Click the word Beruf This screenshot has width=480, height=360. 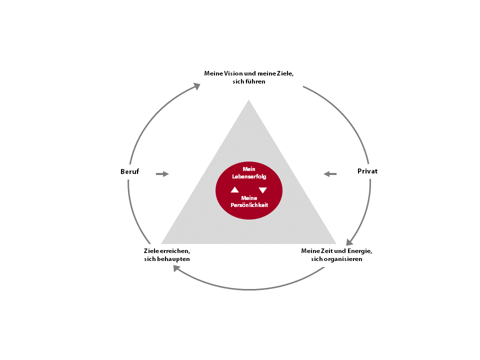(130, 171)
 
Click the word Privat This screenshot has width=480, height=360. (367, 171)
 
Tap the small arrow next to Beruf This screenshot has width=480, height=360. (162, 174)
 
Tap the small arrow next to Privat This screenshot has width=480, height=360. (330, 174)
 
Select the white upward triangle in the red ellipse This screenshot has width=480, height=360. (235, 190)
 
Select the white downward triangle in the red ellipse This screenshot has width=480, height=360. (262, 190)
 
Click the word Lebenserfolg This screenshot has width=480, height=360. (249, 176)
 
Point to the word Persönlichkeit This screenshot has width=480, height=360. (249, 205)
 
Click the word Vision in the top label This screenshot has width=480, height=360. (233, 73)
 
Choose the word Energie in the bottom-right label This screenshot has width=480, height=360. (359, 251)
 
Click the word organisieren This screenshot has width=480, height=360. (343, 259)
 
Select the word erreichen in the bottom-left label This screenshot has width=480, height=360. (175, 251)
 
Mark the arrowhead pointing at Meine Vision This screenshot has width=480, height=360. (197, 86)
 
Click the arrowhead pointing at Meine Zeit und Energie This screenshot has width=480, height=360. (349, 242)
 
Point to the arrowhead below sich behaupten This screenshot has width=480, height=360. (176, 268)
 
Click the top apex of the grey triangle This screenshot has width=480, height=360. (248, 100)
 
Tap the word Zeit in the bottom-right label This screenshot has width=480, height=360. (326, 251)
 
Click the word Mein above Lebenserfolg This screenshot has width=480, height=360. (249, 169)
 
